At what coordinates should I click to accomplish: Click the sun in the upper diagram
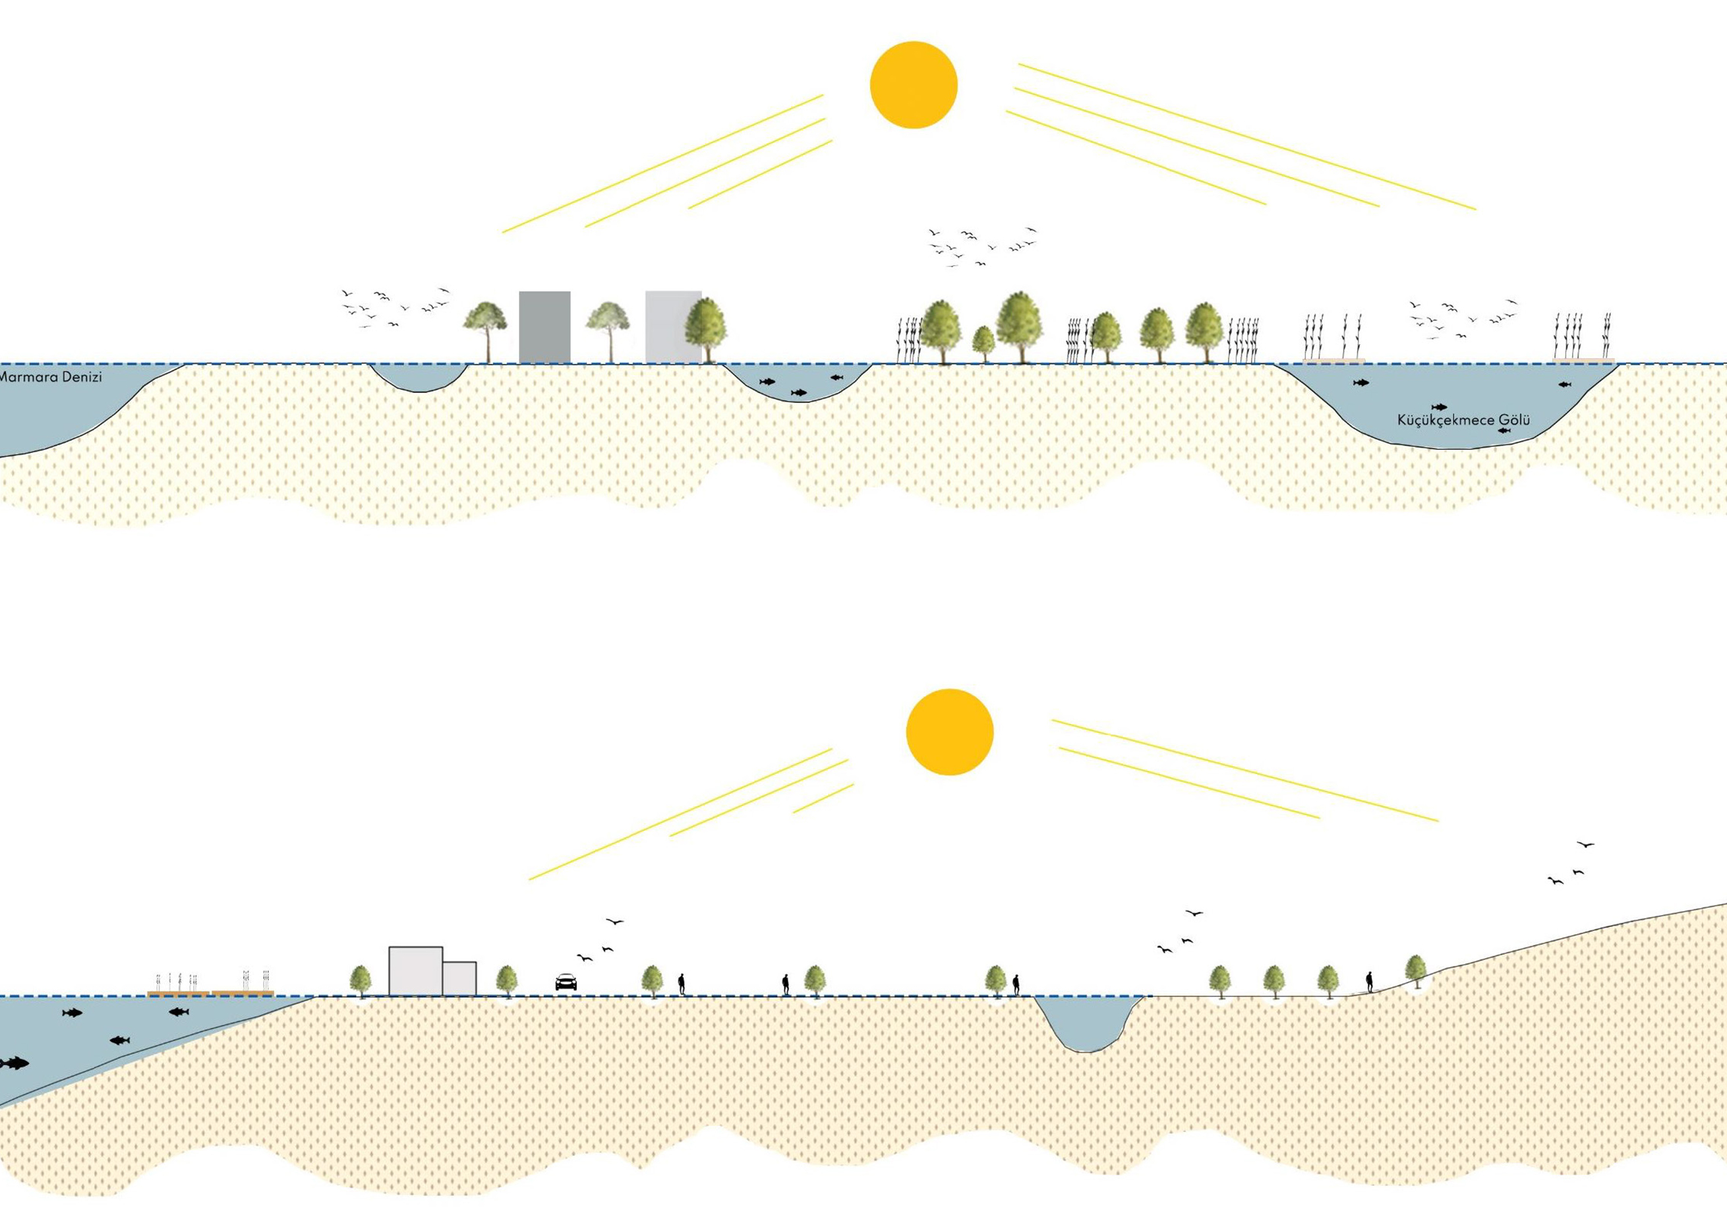(913, 85)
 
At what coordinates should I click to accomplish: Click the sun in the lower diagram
(949, 731)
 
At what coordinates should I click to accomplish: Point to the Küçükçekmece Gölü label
(1463, 420)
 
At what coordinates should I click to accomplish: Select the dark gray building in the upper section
(544, 327)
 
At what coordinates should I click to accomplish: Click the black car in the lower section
(566, 982)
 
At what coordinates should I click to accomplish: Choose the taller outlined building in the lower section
(415, 970)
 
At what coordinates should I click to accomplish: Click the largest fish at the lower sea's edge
(14, 1063)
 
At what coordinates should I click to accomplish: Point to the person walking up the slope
(1369, 981)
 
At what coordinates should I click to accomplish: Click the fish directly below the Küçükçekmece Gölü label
(1504, 431)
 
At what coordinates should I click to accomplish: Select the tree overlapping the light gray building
(705, 327)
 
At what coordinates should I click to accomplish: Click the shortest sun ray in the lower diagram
(823, 798)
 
